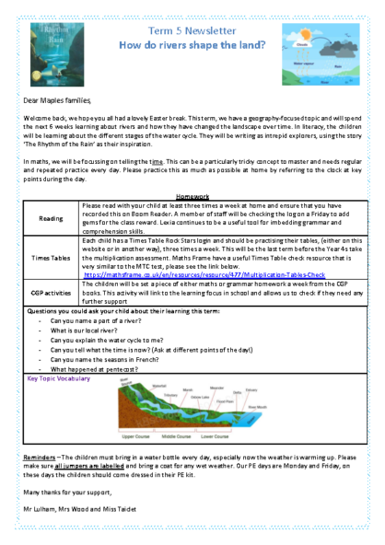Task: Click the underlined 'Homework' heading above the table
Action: point(192,196)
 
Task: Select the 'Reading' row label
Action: point(52,219)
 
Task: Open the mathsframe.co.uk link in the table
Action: point(204,274)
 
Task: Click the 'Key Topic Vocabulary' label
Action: point(59,377)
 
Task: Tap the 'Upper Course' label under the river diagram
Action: point(142,435)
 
